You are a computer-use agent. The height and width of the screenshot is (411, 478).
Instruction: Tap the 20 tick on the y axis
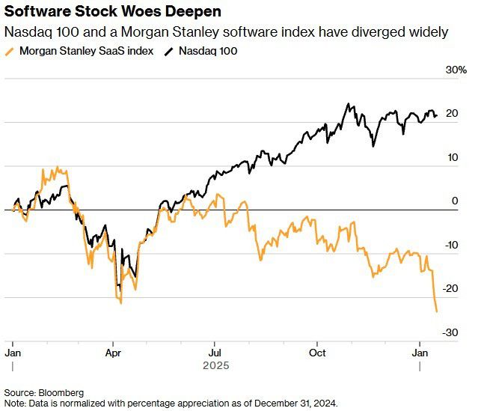(x=451, y=114)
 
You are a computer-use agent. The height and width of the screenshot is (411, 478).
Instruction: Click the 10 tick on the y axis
(x=451, y=157)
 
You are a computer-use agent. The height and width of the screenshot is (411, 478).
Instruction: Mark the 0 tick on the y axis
(x=454, y=201)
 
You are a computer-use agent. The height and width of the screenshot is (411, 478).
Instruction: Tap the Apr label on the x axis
(x=114, y=351)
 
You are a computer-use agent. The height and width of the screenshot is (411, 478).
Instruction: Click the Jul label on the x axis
(x=215, y=351)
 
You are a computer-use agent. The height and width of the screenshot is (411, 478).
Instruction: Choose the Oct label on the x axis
(x=318, y=351)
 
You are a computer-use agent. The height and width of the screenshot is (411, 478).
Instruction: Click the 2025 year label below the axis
(x=215, y=366)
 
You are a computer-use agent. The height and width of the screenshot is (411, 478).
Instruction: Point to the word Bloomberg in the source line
(x=61, y=392)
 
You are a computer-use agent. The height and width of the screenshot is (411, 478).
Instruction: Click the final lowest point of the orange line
(x=437, y=311)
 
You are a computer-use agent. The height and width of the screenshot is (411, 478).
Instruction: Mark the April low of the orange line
(x=120, y=302)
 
